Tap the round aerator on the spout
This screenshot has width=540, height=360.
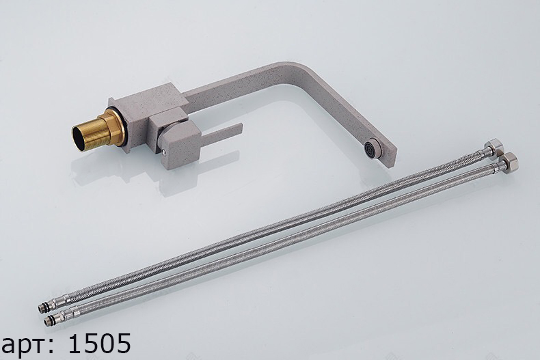point(370,148)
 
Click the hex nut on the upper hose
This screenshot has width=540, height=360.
point(494,146)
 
